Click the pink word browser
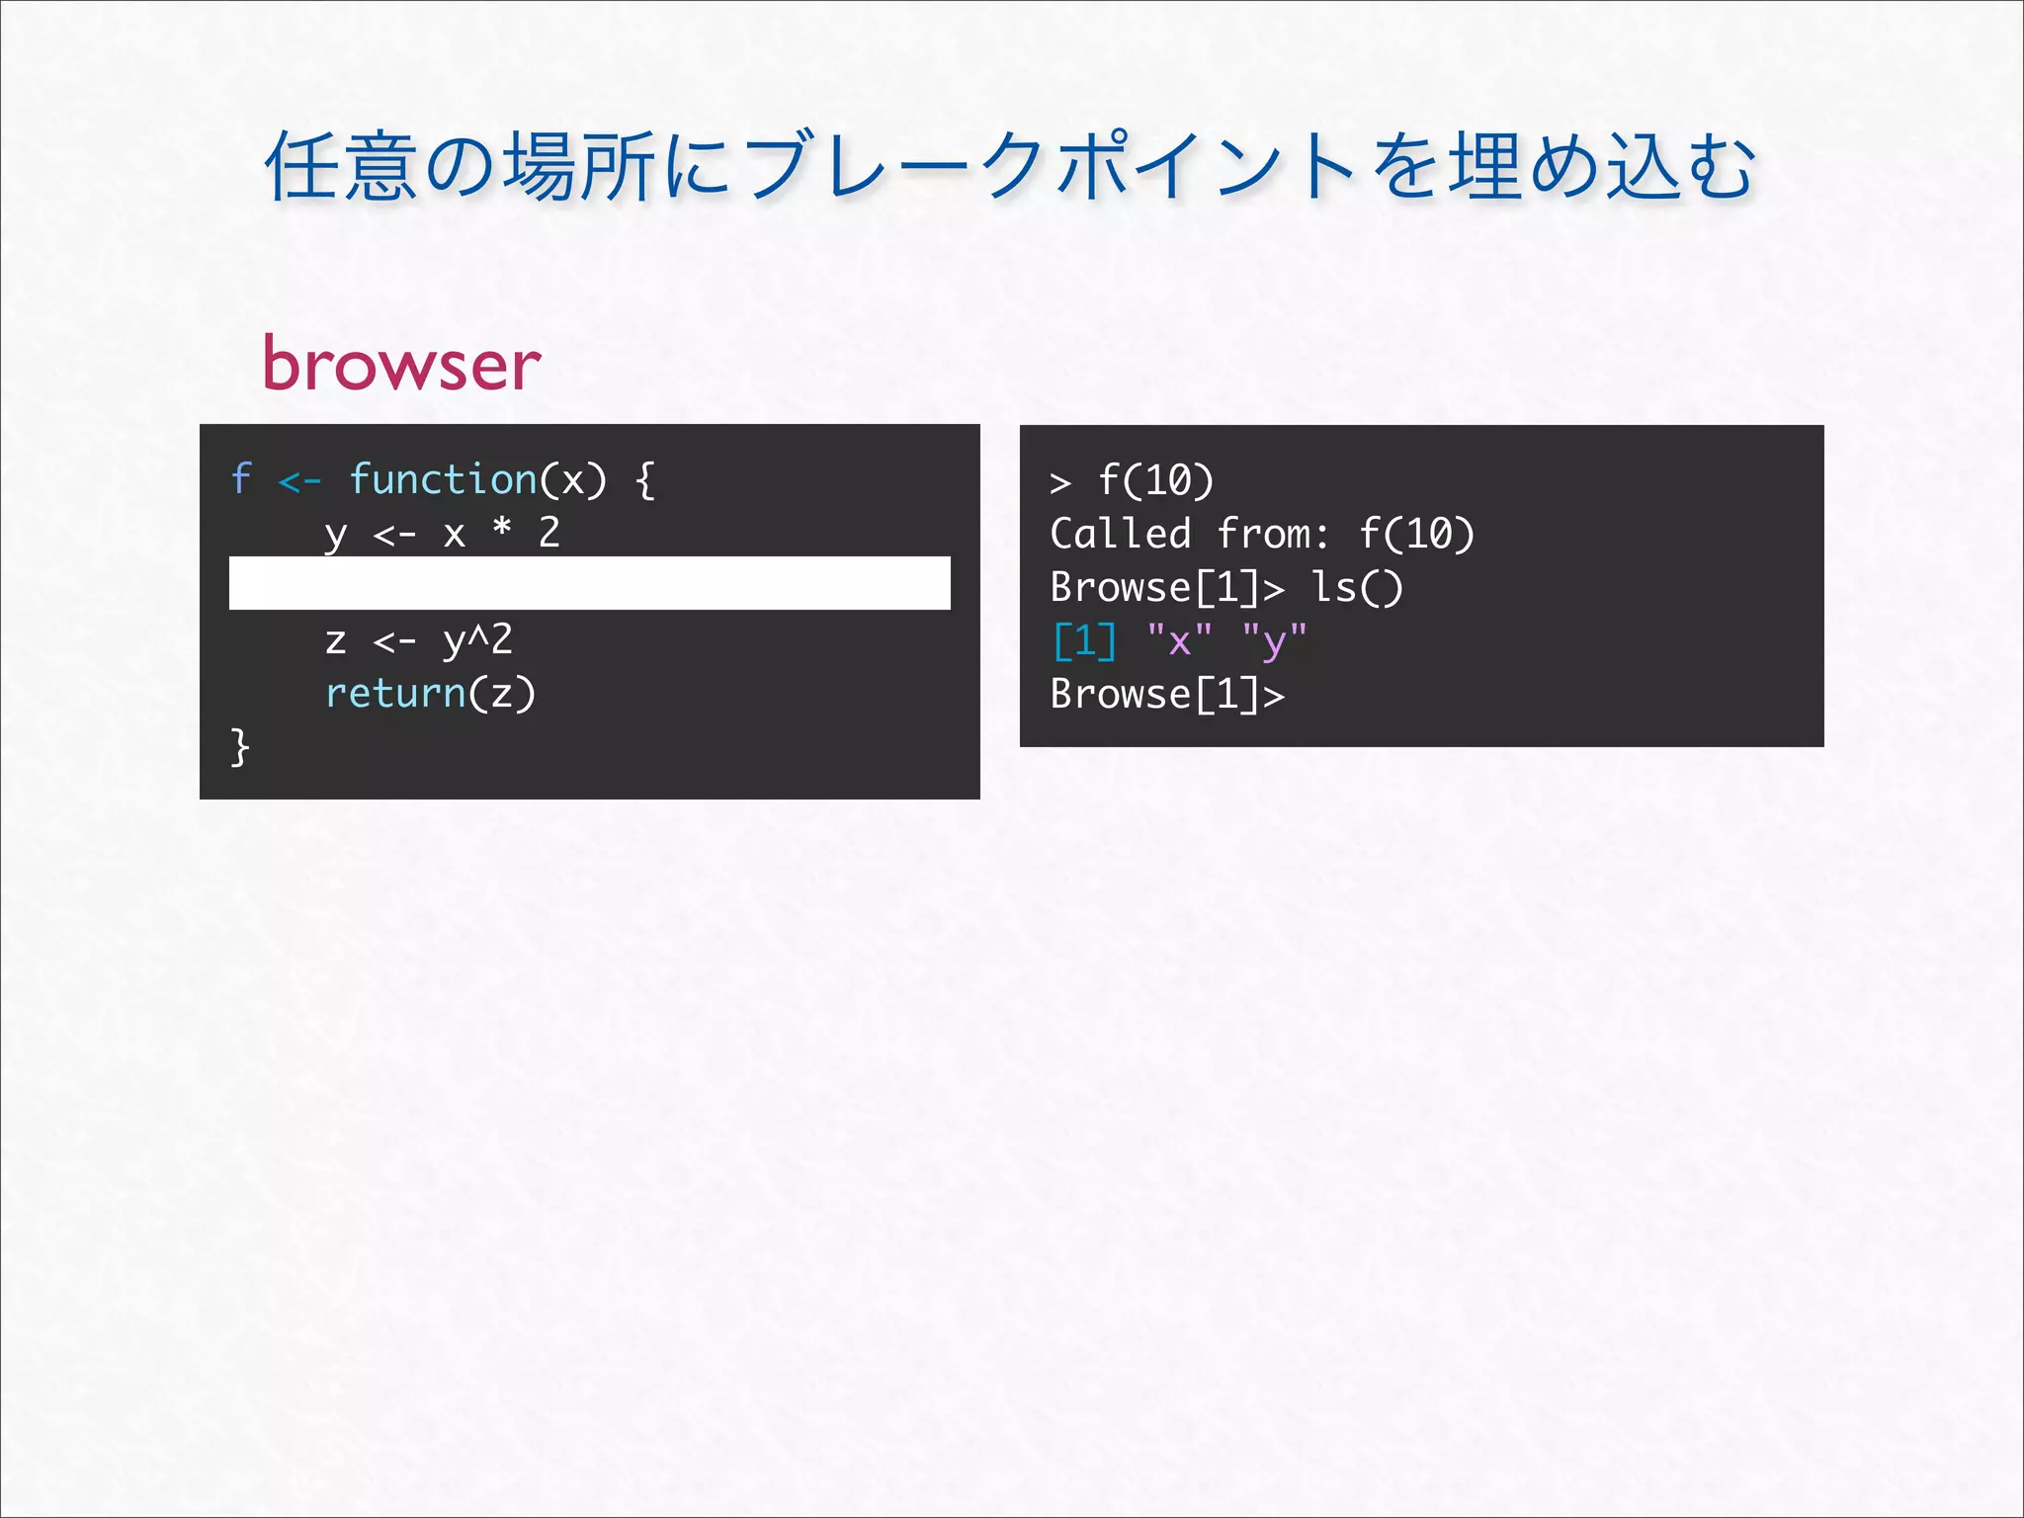401,364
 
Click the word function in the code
443,479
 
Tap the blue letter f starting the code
240,479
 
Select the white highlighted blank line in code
589,583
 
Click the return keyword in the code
395,693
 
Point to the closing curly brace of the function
239,746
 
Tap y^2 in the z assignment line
477,640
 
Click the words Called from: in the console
1190,534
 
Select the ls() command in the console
1356,588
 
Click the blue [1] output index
1084,641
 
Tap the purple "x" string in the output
1179,641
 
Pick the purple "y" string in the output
1275,641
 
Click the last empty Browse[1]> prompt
1167,694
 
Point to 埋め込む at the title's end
1601,166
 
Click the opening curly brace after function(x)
644,479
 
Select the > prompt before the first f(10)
1060,482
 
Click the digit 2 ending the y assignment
549,532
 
